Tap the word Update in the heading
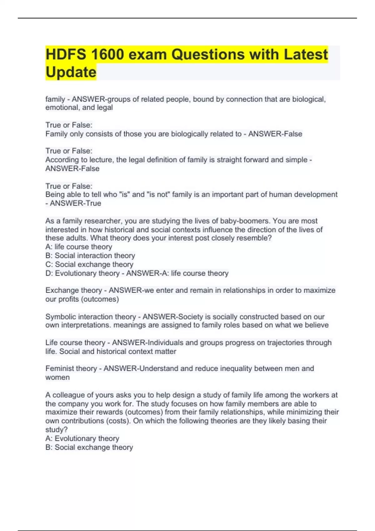(71, 72)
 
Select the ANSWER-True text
(75, 203)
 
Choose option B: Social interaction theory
(90, 256)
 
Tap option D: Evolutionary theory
(82, 273)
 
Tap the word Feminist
(58, 369)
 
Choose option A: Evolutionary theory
(82, 439)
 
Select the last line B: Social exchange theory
(89, 447)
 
